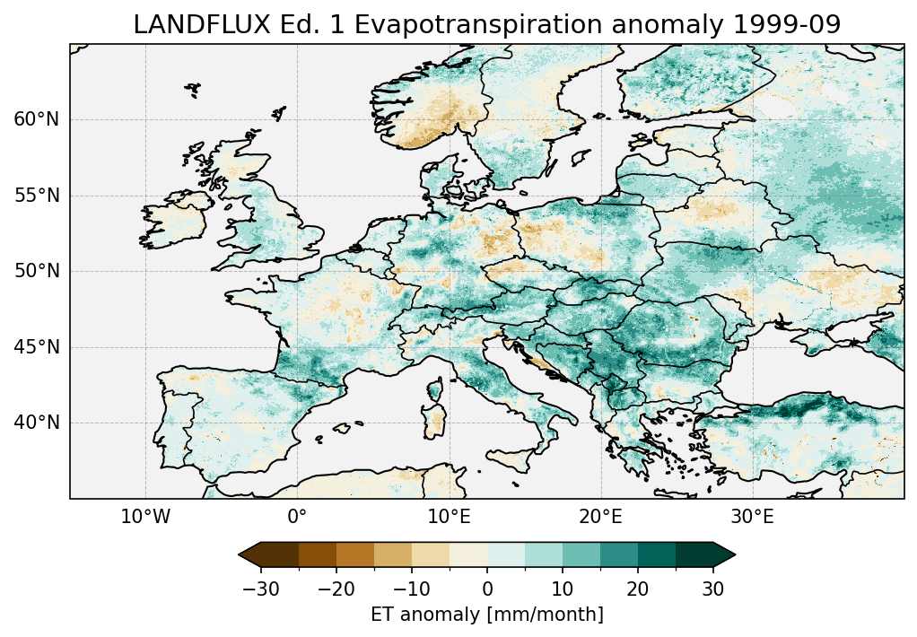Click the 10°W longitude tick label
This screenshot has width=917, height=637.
coord(145,518)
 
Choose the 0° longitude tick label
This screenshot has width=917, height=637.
coord(297,518)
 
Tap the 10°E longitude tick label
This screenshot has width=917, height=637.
coord(449,518)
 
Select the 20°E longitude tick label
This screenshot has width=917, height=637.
coord(600,518)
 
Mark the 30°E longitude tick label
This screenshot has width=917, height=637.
coord(752,518)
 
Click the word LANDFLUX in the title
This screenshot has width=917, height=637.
coord(188,26)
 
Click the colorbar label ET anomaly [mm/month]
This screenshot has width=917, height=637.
coord(487,615)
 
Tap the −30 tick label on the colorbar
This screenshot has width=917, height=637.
coord(260,589)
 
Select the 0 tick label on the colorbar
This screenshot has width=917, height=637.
coord(487,589)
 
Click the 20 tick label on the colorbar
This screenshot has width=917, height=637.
coord(638,589)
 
